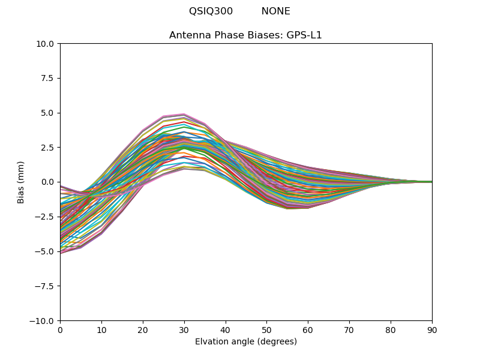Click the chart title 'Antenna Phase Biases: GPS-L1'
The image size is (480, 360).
[x=245, y=35]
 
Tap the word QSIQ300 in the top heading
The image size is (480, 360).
[x=211, y=11]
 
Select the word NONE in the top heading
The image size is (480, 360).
[x=275, y=11]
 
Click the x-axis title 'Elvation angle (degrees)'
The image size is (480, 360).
[x=245, y=342]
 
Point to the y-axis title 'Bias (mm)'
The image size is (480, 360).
[x=21, y=182]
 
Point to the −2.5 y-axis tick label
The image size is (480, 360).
[x=45, y=217]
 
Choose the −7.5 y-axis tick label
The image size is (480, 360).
[x=45, y=286]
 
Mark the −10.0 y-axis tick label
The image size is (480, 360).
[x=43, y=320]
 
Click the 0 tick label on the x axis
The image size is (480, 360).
[x=60, y=330]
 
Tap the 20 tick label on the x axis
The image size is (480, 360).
[x=143, y=330]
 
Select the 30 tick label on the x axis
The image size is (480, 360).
[x=184, y=330]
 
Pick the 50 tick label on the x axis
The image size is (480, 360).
[x=266, y=330]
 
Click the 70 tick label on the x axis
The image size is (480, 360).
[x=349, y=330]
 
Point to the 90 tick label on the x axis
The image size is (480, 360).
[x=432, y=330]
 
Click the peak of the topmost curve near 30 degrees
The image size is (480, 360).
[x=184, y=114]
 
